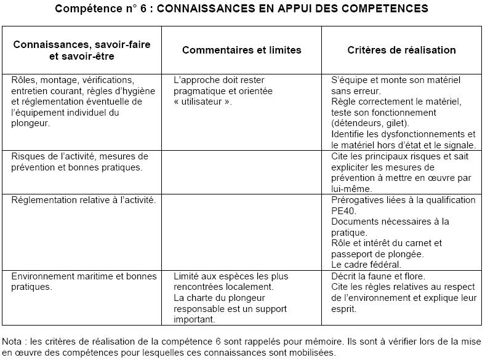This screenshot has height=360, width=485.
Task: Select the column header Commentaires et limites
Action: coord(242,50)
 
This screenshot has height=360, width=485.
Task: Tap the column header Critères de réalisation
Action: coord(402,50)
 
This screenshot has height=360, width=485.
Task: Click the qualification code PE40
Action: coord(343,211)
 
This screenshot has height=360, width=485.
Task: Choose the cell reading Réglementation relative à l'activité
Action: coord(84,201)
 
